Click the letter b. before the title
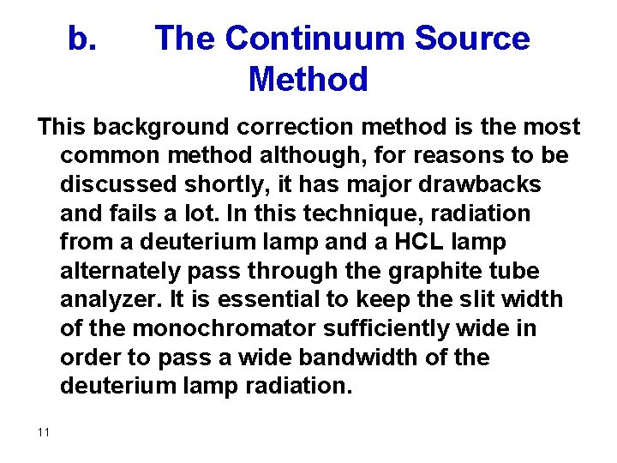tap(82, 39)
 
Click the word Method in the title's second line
tap(308, 80)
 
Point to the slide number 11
tap(44, 432)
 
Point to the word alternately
tap(122, 271)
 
